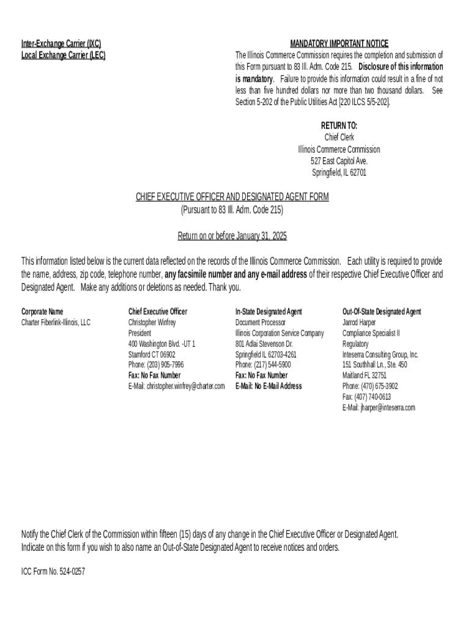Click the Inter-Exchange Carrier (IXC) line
pyautogui.click(x=61, y=43)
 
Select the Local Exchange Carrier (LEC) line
pyautogui.click(x=64, y=55)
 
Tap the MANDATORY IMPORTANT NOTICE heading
pyautogui.click(x=339, y=43)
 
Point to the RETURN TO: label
pyautogui.click(x=339, y=125)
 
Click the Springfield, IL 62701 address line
pyautogui.click(x=339, y=172)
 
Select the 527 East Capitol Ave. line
pyautogui.click(x=339, y=161)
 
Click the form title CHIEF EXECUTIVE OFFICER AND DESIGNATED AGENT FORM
pyautogui.click(x=232, y=196)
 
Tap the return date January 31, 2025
pyautogui.click(x=260, y=235)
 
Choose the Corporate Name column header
pyautogui.click(x=42, y=312)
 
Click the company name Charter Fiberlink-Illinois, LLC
pyautogui.click(x=56, y=322)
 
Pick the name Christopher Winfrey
pyautogui.click(x=152, y=322)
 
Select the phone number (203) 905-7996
pyautogui.click(x=165, y=365)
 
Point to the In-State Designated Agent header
pyautogui.click(x=269, y=312)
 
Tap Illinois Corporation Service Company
pyautogui.click(x=280, y=333)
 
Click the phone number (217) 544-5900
pyautogui.click(x=272, y=365)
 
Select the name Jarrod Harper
pyautogui.click(x=359, y=322)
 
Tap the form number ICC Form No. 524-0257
pyautogui.click(x=53, y=572)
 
